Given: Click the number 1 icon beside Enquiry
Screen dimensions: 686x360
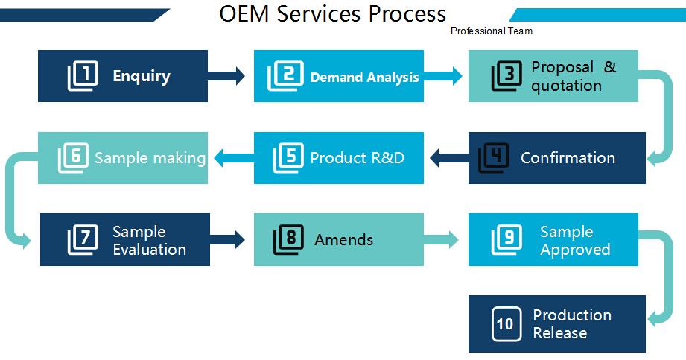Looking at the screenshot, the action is click(83, 76).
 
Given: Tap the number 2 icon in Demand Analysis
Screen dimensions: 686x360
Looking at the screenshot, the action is click(285, 76).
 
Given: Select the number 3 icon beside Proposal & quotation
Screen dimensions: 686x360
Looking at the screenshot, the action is click(506, 76).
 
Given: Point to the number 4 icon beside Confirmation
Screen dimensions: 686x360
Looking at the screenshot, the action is click(493, 158).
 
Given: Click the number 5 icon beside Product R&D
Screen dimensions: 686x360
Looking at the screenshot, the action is click(288, 158).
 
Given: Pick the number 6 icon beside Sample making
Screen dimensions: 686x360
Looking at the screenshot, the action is click(73, 158).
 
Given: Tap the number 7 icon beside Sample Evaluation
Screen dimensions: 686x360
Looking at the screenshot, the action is click(83, 239).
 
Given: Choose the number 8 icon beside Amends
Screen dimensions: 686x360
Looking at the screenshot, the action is click(288, 239).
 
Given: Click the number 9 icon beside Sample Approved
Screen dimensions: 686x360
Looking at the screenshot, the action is click(506, 239).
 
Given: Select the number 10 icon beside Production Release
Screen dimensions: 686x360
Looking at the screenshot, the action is click(506, 324).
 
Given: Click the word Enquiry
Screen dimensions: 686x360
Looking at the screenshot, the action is click(142, 77).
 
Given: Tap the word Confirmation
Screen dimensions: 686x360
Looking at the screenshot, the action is click(568, 158).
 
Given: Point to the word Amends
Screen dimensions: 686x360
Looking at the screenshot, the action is click(344, 239).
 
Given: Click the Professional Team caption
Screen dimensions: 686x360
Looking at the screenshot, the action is click(492, 31).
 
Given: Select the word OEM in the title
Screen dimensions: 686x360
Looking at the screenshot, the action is click(244, 13).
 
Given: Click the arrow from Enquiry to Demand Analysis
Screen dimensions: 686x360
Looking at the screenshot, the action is click(226, 76).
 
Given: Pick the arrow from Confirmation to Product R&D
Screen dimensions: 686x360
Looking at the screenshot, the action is click(449, 158).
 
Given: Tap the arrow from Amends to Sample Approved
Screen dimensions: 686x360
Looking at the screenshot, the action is click(441, 239).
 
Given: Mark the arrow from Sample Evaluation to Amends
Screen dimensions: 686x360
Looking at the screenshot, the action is click(227, 239).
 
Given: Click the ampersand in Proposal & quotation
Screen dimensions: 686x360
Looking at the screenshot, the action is click(610, 67).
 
